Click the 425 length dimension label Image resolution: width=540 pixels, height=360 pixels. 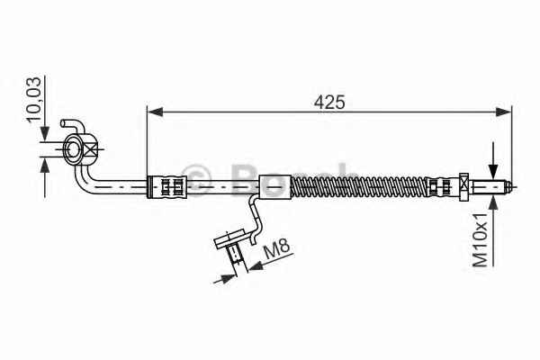tap(328, 103)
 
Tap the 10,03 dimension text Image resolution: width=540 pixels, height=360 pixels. tap(34, 100)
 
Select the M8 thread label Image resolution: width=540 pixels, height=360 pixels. tap(276, 250)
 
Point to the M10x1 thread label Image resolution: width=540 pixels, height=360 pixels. tap(480, 239)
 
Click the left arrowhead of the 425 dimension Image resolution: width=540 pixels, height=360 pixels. tap(155, 112)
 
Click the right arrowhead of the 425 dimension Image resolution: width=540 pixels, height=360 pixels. tap(503, 112)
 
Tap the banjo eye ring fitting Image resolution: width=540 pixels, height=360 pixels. tap(74, 149)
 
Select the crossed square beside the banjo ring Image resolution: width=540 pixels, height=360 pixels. tap(91, 149)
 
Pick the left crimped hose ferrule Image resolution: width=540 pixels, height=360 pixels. tap(167, 186)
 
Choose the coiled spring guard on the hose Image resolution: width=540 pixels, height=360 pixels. tap(358, 186)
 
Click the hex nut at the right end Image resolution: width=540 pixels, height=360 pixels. tap(464, 186)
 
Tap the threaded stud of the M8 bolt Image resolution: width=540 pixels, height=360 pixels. tap(236, 254)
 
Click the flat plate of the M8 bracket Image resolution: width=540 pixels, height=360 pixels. tap(230, 238)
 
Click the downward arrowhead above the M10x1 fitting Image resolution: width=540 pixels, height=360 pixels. tap(493, 171)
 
